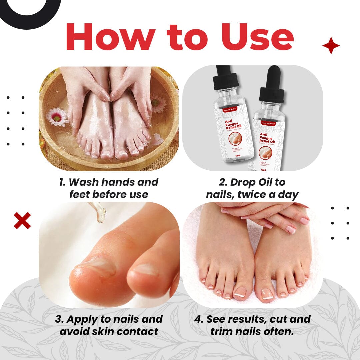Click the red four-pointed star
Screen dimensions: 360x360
(331, 46)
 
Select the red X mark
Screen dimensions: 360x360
(22, 221)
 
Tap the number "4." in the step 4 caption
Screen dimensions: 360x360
(199, 319)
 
